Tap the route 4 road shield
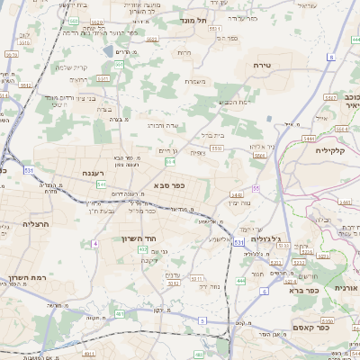point(94,244)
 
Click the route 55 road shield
point(256,188)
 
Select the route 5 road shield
point(202,320)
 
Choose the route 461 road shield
point(120,314)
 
